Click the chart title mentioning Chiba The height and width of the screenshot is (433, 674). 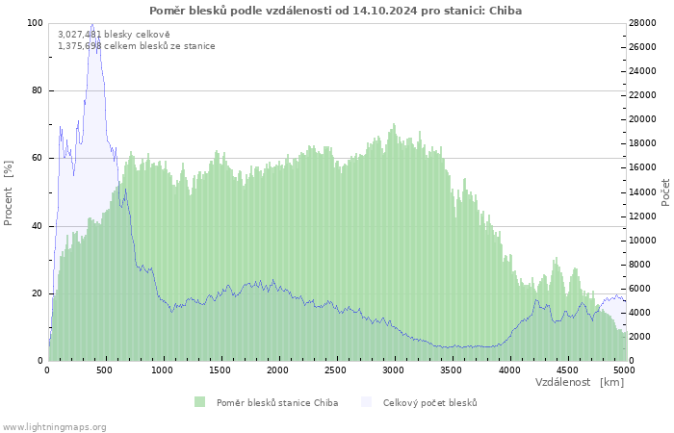pos(335,11)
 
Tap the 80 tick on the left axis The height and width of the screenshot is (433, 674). pos(37,90)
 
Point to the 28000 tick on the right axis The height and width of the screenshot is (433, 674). pos(642,23)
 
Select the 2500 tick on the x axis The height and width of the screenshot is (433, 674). pos(335,370)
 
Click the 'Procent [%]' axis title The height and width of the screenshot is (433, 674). pos(8,193)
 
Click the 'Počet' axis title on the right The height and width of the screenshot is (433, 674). pos(665,192)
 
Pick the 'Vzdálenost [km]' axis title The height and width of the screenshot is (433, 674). pos(580,382)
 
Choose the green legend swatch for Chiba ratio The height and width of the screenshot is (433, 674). pos(200,402)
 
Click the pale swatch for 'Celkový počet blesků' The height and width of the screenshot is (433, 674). pos(366,402)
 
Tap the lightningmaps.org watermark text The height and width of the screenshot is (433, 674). pos(53,427)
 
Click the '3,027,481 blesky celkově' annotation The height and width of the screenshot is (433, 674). pos(114,35)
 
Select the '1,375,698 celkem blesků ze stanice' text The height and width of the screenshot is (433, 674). pos(137,46)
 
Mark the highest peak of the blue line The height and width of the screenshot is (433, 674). pos(92,24)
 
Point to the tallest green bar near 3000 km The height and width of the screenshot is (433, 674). pos(393,124)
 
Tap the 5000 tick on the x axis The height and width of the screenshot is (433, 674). pos(624,370)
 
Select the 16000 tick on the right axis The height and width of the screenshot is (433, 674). pos(642,167)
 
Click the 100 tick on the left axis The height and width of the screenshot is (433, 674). pos(36,23)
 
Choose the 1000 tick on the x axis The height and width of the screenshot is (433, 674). pos(163,370)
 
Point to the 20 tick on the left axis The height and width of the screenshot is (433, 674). pos(37,293)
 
